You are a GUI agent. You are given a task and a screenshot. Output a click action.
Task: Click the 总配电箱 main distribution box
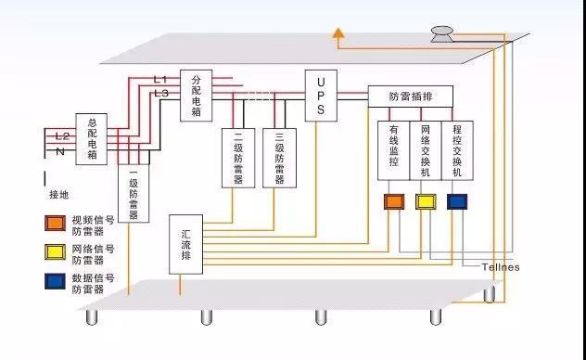(x=93, y=138)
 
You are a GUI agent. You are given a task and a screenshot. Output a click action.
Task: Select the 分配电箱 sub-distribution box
(x=196, y=96)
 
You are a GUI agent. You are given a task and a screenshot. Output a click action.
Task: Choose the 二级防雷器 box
(x=238, y=158)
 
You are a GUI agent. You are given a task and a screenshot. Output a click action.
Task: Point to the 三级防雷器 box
(x=279, y=158)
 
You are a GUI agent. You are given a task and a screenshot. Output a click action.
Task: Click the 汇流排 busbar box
(x=186, y=244)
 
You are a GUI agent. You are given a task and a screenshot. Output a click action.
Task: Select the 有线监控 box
(x=394, y=149)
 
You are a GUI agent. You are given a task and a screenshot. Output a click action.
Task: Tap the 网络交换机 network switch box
(x=426, y=149)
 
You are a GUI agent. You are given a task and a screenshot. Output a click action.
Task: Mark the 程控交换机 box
(x=456, y=149)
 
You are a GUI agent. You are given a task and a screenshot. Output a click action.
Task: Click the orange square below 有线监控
(x=394, y=201)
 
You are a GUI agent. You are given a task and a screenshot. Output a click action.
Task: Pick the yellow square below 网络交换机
(x=426, y=201)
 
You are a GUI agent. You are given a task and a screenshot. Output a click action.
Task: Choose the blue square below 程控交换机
(x=457, y=201)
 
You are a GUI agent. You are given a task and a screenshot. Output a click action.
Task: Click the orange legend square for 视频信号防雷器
(x=54, y=223)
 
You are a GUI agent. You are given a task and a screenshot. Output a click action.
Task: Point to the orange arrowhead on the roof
(x=339, y=36)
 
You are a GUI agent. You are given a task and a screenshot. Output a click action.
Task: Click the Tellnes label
(x=500, y=267)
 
